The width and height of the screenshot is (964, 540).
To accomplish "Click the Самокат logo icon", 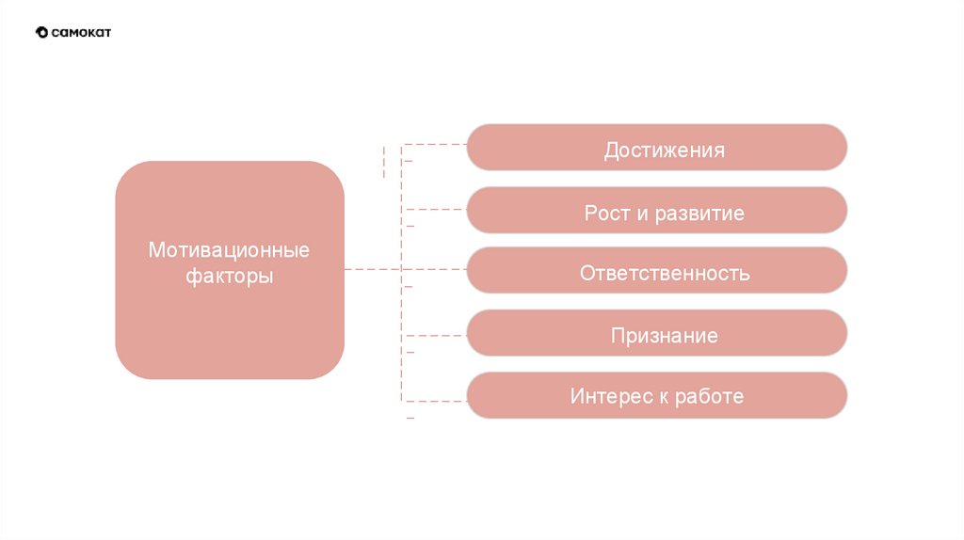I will point(41,33).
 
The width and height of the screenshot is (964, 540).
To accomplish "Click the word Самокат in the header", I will point(82,33).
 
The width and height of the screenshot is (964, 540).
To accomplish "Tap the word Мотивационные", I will point(229,251).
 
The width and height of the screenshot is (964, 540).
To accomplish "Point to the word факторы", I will point(229,278).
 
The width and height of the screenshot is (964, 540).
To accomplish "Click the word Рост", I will point(604,214).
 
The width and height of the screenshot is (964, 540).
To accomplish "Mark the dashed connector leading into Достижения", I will point(435,145).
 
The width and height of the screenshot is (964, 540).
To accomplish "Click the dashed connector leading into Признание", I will point(435,335).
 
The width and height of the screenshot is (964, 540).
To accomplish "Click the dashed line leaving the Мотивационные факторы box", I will point(372,270).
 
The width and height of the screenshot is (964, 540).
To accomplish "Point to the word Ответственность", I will point(665,274).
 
